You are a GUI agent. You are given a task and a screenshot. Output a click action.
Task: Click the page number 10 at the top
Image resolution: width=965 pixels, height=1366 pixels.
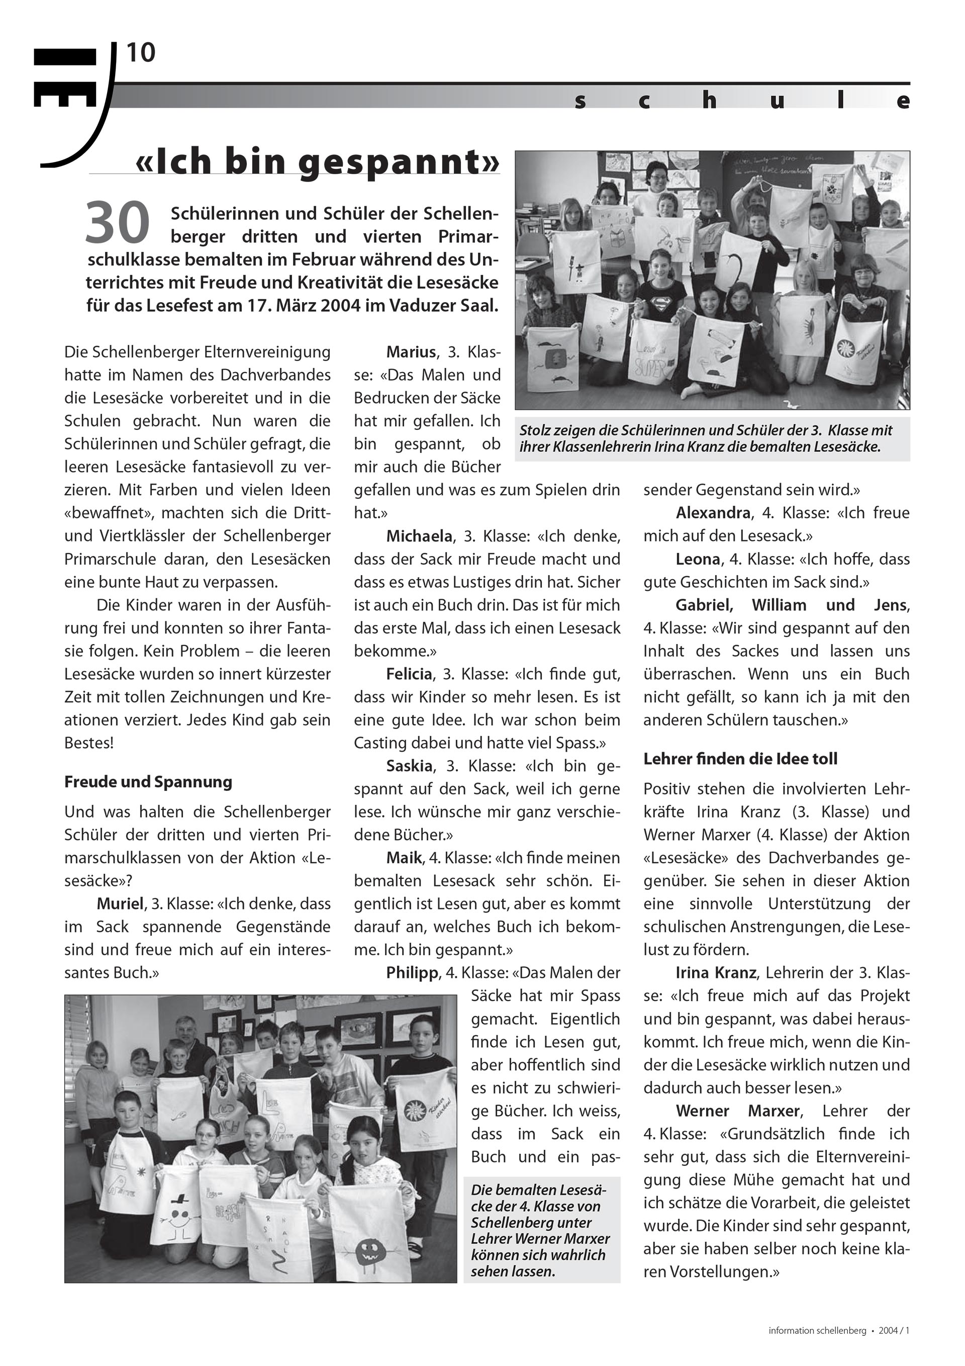(x=140, y=54)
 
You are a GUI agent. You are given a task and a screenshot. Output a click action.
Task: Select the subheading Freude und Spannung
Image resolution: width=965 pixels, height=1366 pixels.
(x=148, y=782)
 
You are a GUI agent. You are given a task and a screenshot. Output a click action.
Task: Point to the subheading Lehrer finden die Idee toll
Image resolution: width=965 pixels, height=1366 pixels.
(x=740, y=759)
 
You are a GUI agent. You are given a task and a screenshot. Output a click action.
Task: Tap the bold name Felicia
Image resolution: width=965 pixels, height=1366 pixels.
(x=409, y=674)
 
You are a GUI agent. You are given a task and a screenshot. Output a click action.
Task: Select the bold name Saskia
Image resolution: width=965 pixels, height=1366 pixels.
(x=408, y=766)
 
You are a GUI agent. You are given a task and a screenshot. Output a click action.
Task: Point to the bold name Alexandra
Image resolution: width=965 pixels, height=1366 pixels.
(x=713, y=513)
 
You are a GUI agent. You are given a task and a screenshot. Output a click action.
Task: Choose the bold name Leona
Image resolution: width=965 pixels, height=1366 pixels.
(x=698, y=559)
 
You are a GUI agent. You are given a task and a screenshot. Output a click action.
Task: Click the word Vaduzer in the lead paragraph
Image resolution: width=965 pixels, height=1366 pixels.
(x=423, y=306)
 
